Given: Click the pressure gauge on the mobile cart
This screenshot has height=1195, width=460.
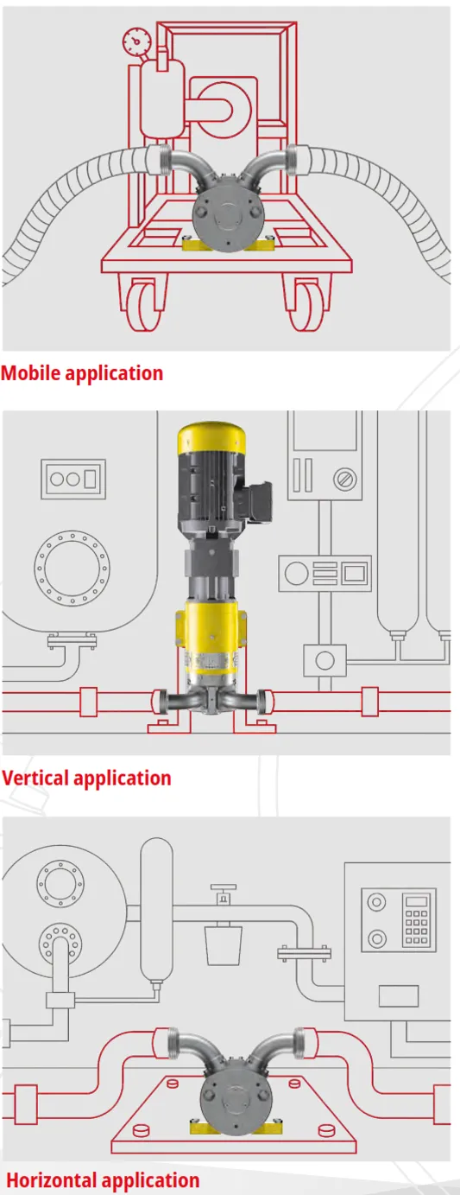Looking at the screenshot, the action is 136,40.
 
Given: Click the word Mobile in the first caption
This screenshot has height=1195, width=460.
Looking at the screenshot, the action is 31,372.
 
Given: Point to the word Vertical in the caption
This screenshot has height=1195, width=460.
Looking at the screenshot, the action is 35,778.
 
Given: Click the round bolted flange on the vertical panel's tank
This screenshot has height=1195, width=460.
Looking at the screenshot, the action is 72,568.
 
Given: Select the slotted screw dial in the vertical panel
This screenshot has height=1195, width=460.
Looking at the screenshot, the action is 345,479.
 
